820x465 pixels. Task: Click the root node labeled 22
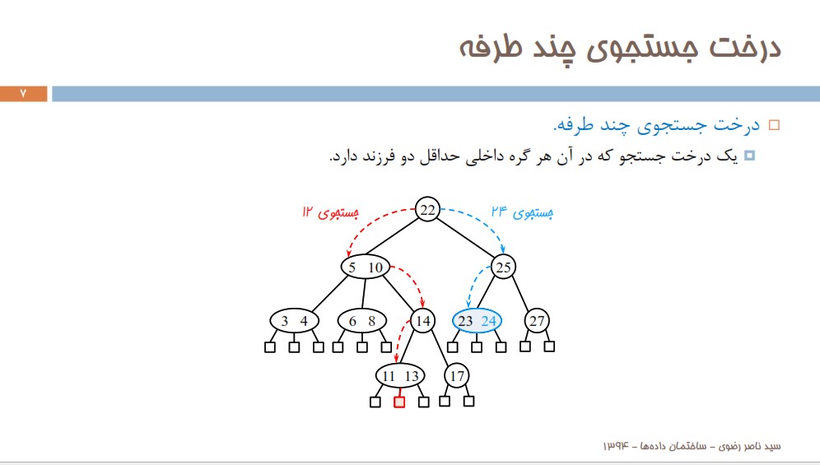tap(427, 210)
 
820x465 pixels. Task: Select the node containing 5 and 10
tap(366, 267)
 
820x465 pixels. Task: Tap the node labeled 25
tap(503, 267)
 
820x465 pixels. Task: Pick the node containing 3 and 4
tap(295, 321)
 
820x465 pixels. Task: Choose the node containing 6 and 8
tap(362, 321)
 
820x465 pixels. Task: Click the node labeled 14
tap(423, 321)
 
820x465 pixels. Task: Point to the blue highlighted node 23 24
tap(477, 321)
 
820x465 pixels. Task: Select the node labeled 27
tap(537, 321)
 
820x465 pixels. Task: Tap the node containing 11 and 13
tap(400, 375)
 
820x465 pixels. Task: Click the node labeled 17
tap(457, 375)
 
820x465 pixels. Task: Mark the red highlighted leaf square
tap(399, 402)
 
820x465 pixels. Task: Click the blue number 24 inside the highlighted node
tap(488, 321)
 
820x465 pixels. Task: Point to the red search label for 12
tap(330, 212)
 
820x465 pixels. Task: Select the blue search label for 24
tap(522, 212)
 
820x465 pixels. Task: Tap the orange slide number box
tap(24, 94)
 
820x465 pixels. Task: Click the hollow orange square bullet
tap(774, 125)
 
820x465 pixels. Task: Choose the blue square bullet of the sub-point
tap(749, 156)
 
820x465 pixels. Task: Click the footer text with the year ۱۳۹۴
tap(692, 446)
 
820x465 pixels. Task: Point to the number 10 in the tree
tap(375, 267)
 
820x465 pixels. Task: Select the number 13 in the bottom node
tap(412, 376)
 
